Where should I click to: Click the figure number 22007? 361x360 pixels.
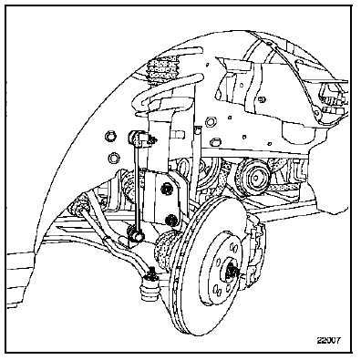point(329,340)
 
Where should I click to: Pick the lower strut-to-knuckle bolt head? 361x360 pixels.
point(172,220)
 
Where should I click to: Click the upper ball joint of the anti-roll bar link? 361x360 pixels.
point(136,137)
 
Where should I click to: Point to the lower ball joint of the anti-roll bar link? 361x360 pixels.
point(135,234)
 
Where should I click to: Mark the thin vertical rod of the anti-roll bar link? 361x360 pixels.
point(136,185)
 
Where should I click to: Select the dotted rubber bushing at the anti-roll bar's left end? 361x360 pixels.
point(81,204)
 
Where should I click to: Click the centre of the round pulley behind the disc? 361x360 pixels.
point(254,178)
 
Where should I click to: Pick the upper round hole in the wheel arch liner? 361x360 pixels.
point(110,136)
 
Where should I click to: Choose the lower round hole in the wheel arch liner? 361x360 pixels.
point(114,158)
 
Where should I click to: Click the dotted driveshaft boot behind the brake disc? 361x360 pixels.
point(166,248)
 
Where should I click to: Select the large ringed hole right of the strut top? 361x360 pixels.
point(211,122)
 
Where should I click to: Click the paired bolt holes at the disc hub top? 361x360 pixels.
point(234,248)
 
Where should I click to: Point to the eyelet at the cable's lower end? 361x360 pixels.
point(317,113)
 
